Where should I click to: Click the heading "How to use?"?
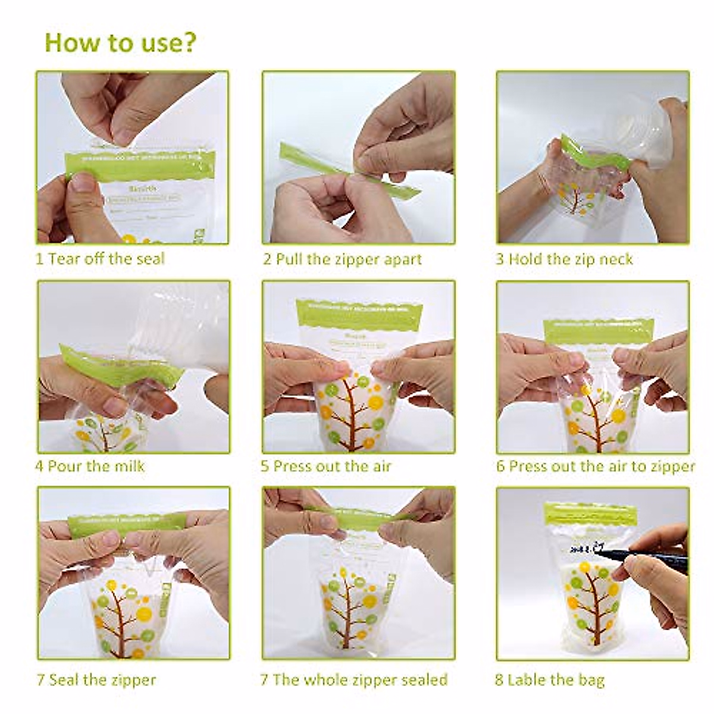[120, 43]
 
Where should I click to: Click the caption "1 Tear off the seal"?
[100, 259]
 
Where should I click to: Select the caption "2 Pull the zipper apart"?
[343, 259]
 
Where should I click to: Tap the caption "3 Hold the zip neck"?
[565, 259]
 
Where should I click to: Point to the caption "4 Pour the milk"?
[90, 465]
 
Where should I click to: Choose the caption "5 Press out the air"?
[326, 466]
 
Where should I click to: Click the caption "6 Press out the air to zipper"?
[596, 466]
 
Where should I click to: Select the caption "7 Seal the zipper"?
[96, 679]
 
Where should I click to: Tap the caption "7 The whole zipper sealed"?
[354, 679]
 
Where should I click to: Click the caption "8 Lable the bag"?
[550, 679]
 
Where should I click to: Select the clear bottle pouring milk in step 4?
[178, 327]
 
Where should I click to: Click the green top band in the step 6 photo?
[598, 331]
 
